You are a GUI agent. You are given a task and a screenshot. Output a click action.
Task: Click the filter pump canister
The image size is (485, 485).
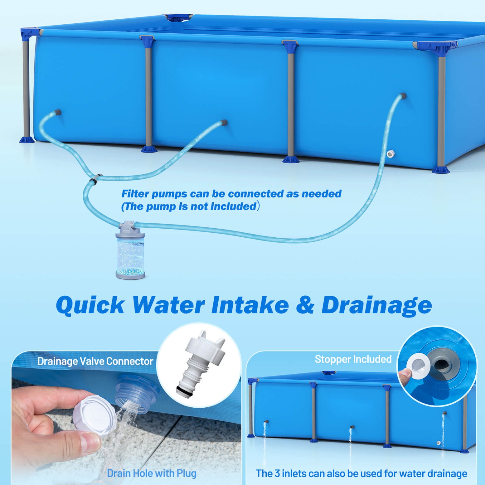(130, 252)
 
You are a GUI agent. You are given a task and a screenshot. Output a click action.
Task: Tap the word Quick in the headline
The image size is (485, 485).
(90, 305)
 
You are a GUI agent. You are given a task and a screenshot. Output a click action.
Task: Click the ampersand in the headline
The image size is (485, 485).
(305, 305)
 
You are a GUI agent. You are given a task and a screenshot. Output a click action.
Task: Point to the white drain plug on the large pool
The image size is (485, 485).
(390, 154)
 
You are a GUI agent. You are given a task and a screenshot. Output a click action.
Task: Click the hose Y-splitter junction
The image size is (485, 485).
(95, 179)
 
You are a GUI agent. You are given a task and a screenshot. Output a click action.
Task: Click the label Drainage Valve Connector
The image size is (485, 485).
(95, 361)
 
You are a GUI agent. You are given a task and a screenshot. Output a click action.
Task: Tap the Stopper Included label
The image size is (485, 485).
(353, 359)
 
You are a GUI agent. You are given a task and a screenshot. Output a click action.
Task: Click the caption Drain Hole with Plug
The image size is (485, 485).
(151, 473)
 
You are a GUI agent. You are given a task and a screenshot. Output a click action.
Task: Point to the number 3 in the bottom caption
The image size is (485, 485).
(277, 474)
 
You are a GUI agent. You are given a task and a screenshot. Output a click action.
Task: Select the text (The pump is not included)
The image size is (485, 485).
(190, 206)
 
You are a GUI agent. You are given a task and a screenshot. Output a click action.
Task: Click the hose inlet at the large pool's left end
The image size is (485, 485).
(58, 113)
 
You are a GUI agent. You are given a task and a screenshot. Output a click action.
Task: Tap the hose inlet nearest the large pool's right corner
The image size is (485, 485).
(403, 96)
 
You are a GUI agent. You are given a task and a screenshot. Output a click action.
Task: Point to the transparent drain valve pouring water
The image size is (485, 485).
(136, 394)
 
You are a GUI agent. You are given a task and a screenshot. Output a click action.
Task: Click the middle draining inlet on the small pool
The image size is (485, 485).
(352, 427)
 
